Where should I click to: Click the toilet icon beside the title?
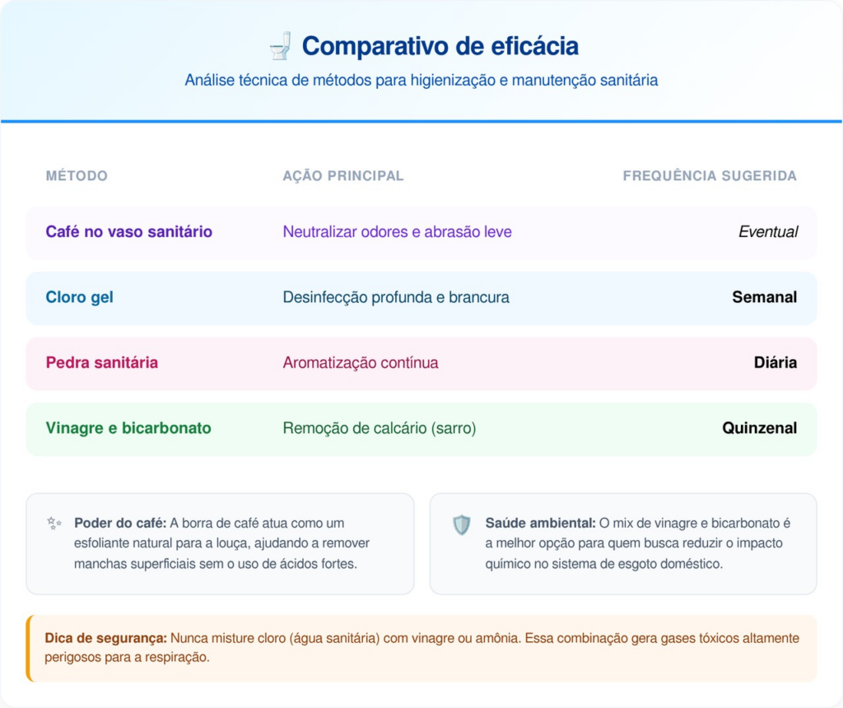tap(280, 46)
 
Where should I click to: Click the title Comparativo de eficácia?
tap(440, 46)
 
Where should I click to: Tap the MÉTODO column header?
tap(77, 176)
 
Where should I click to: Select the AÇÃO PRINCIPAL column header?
tap(343, 176)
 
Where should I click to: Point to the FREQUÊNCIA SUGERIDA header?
tap(710, 176)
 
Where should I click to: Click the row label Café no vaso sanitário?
tap(128, 231)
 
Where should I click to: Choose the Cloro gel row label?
tap(79, 297)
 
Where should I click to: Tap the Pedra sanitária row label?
tap(101, 362)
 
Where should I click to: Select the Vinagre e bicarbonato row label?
tap(128, 428)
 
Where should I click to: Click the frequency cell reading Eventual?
tap(768, 231)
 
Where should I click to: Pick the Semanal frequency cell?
tap(765, 297)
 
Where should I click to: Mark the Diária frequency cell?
tap(775, 362)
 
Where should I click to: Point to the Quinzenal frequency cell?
tap(759, 428)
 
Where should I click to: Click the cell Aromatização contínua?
tap(361, 363)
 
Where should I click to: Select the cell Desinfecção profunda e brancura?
tap(396, 297)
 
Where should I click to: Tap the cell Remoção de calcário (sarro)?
tap(379, 428)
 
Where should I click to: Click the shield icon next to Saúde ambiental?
tap(461, 524)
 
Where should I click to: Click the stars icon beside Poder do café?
tap(54, 523)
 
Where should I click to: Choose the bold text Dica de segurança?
tap(106, 638)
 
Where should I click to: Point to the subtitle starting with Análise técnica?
tap(421, 80)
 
